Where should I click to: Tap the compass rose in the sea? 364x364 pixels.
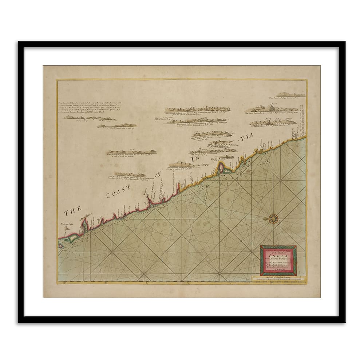tap(273, 218)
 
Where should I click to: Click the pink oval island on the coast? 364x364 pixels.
tap(221, 167)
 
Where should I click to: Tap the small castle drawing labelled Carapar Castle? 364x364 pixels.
tap(66, 228)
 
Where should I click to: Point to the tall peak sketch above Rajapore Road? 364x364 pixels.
tap(272, 107)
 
